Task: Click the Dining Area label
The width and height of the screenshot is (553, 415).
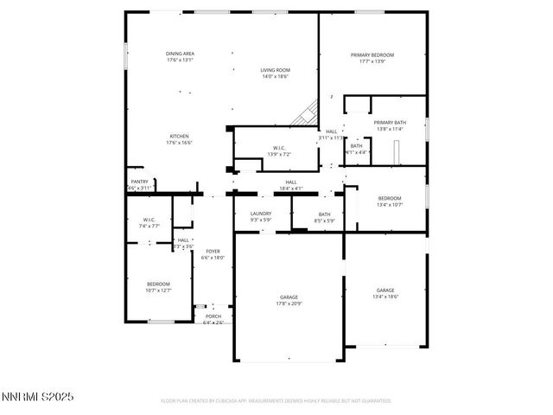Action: click(180, 54)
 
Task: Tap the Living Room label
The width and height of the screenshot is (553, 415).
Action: click(275, 70)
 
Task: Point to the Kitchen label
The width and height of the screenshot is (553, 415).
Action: click(179, 136)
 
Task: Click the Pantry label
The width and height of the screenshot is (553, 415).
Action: click(139, 182)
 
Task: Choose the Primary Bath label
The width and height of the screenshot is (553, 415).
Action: click(390, 123)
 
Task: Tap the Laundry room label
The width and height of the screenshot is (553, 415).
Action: click(261, 214)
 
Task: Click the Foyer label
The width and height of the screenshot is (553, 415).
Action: click(213, 252)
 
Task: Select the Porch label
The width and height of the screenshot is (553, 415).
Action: click(213, 316)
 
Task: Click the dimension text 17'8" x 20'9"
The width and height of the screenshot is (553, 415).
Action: click(288, 303)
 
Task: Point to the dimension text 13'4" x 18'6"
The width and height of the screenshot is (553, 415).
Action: click(385, 297)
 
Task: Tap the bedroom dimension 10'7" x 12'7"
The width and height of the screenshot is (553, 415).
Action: click(158, 290)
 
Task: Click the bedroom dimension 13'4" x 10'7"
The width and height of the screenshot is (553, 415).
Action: click(389, 205)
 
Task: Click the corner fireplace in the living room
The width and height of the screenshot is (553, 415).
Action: click(302, 114)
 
